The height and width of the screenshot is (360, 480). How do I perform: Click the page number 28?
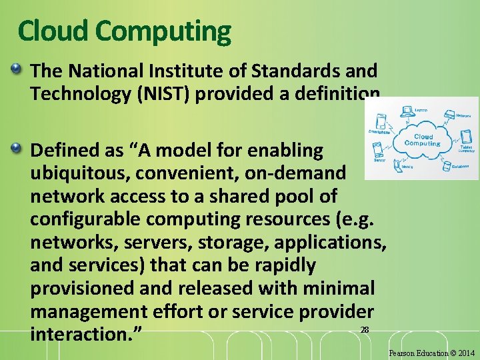point(364,330)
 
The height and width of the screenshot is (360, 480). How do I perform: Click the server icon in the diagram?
point(380,147)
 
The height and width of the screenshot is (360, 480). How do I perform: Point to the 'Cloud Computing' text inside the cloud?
point(423,140)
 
